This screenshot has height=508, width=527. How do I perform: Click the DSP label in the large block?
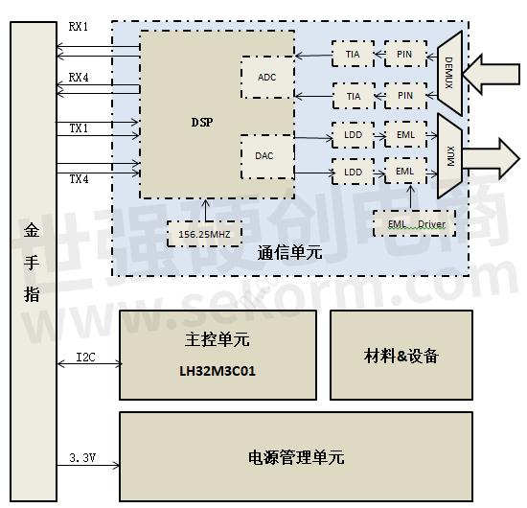[201, 122]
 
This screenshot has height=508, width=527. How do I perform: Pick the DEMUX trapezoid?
[448, 72]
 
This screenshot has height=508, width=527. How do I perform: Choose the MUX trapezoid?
[448, 153]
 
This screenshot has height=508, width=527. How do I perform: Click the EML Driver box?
[413, 224]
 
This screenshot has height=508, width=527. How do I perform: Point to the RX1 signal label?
[79, 27]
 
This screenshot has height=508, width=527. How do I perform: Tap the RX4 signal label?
[79, 77]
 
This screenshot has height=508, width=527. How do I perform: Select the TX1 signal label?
[79, 127]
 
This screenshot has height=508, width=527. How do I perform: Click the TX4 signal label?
[79, 178]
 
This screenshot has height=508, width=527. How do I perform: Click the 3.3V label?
[83, 459]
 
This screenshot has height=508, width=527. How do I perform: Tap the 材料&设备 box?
[401, 355]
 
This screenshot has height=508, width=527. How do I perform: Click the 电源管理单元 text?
[296, 457]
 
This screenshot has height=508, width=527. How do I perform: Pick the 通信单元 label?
[289, 254]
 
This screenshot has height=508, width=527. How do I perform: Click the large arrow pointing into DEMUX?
[495, 73]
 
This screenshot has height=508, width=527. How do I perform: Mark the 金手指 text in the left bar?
[33, 263]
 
